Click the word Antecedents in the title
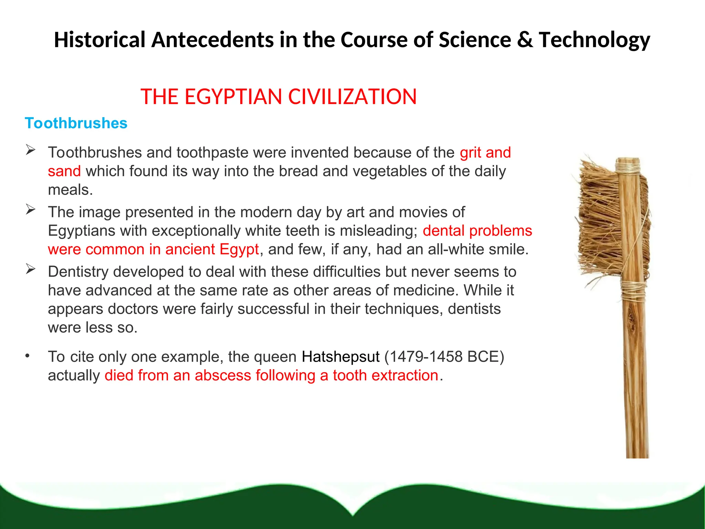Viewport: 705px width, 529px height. [213, 40]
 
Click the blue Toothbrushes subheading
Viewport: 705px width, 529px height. [76, 123]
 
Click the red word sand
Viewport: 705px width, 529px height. [64, 171]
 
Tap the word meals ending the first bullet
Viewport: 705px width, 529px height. [70, 190]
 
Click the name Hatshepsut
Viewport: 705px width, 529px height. [340, 357]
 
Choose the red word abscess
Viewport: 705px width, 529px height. [223, 375]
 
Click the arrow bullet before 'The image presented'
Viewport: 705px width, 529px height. [31, 209]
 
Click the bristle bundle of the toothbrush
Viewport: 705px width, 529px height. [599, 220]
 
